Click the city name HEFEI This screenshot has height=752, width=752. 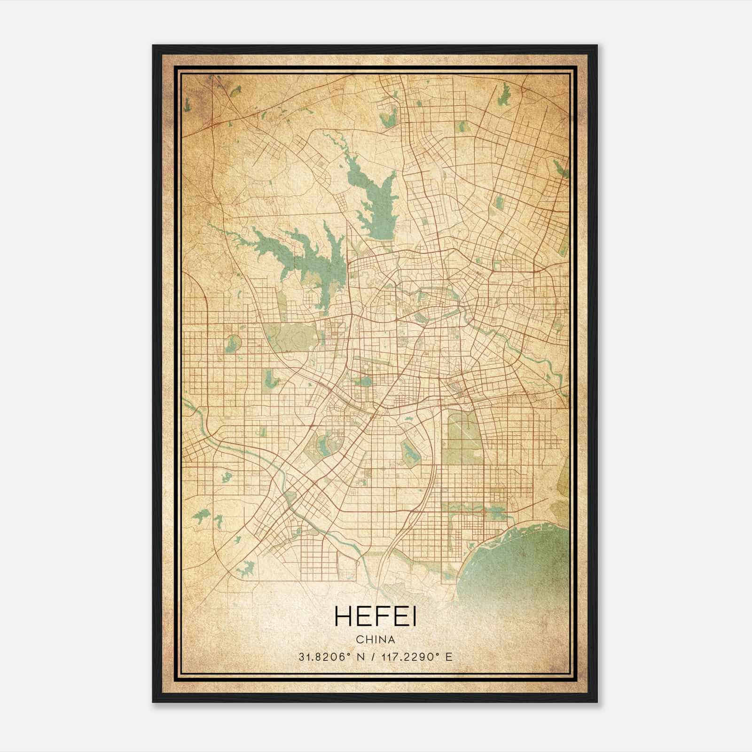(x=376, y=617)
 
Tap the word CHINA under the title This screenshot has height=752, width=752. (x=376, y=640)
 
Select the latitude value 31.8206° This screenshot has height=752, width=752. (x=324, y=657)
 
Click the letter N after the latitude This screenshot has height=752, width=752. (x=360, y=657)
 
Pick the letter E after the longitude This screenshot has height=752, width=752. (x=449, y=657)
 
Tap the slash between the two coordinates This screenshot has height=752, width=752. (x=373, y=657)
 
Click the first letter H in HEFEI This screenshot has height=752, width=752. (x=343, y=617)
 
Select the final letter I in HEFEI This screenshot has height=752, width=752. (x=414, y=617)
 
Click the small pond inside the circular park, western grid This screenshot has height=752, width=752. (x=232, y=344)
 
